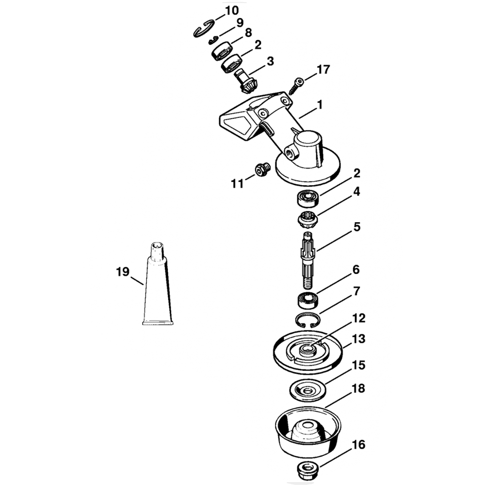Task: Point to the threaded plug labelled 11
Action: coord(262,171)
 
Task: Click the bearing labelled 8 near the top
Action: coord(223,49)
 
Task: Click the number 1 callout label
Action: coord(320,104)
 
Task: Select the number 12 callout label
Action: coord(359,318)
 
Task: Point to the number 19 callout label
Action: coord(123,272)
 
